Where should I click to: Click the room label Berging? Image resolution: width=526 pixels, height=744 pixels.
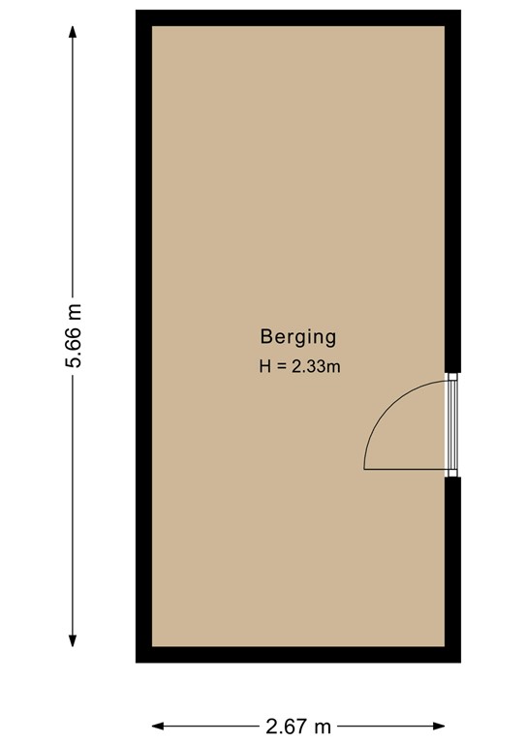[x=297, y=337]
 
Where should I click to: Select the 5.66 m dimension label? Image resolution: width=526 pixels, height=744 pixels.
[x=73, y=336]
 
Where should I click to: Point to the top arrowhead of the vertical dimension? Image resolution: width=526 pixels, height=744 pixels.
[x=73, y=30]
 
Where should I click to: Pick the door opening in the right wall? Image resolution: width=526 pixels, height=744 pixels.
[x=450, y=424]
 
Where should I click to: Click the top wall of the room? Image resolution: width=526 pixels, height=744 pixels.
[x=297, y=17]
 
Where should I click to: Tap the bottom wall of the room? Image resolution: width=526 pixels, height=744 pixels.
[x=297, y=654]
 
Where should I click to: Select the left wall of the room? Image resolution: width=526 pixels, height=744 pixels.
[x=142, y=336]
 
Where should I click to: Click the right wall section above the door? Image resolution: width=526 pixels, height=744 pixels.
[x=452, y=194]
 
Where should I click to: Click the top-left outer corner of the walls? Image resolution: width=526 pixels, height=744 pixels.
[x=138, y=13]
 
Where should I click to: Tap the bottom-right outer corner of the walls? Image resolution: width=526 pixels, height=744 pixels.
[x=457, y=660]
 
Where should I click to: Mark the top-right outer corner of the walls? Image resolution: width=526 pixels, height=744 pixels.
[x=457, y=13]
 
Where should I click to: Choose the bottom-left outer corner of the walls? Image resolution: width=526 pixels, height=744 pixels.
[x=138, y=660]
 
